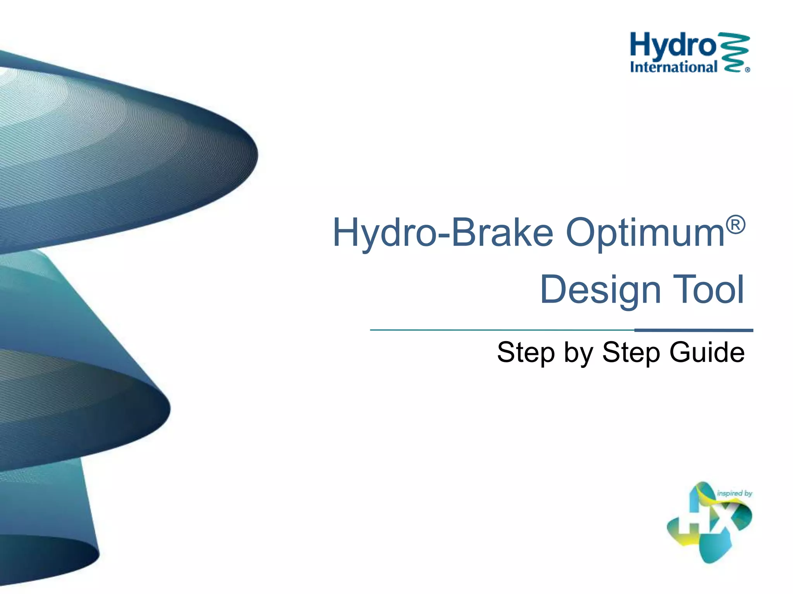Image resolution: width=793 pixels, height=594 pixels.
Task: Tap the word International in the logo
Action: (x=674, y=67)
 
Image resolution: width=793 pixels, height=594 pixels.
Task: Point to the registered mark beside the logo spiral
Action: (x=747, y=70)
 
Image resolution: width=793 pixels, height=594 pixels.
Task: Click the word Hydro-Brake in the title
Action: (x=443, y=233)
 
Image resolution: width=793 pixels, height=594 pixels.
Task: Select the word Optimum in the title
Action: (x=645, y=233)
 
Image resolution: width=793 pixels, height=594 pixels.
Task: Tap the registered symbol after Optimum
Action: (x=735, y=225)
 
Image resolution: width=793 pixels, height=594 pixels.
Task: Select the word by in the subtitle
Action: (x=578, y=353)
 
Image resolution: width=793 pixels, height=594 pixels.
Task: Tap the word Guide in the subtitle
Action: (x=707, y=353)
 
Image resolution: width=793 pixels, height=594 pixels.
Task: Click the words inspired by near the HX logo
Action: (x=734, y=493)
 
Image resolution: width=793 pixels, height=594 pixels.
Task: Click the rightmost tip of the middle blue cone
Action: (x=169, y=408)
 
